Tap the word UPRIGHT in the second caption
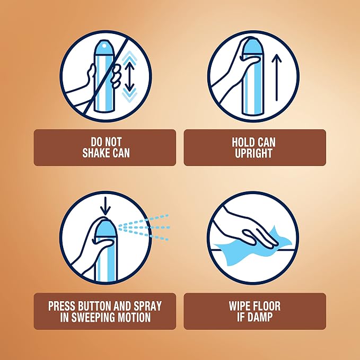pyautogui.click(x=253, y=153)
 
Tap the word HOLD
pyautogui.click(x=241, y=142)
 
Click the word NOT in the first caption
pyautogui.click(x=112, y=142)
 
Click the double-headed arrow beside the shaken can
pyautogui.click(x=129, y=76)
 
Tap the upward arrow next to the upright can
pyautogui.click(x=276, y=77)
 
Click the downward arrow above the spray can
pyautogui.click(x=106, y=206)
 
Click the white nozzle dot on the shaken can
pyautogui.click(x=104, y=46)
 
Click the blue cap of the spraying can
pyautogui.click(x=106, y=228)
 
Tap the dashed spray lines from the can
pyautogui.click(x=144, y=227)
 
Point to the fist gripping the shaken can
pyautogui.click(x=117, y=76)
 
